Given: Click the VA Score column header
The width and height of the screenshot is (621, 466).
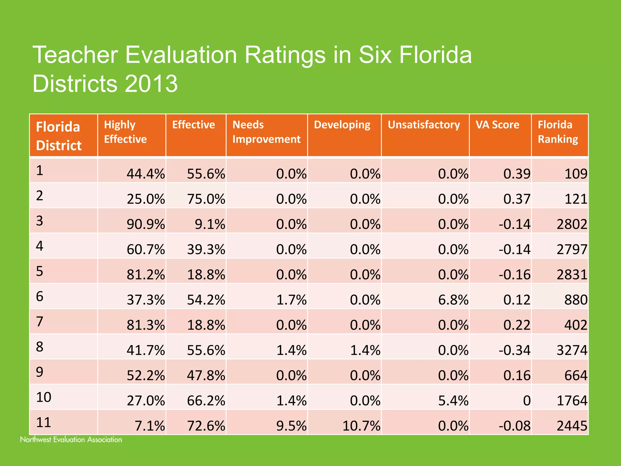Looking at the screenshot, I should coord(497,125).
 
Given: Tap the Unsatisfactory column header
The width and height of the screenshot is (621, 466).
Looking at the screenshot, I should coord(424,125).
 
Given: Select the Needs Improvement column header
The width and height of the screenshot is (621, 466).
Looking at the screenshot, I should coord(266,132).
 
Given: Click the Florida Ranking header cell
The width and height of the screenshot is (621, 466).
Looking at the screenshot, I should coord(558,132).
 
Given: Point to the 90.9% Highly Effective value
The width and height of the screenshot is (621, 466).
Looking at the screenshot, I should coord(146,225).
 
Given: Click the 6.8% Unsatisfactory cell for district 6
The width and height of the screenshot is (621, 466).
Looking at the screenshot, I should coord(453,300).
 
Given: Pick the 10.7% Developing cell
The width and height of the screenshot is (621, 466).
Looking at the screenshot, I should coord(361,426).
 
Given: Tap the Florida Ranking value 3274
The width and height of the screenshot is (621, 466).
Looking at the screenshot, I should coord(572,350).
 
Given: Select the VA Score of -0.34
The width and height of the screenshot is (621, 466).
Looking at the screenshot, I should coord(515,350).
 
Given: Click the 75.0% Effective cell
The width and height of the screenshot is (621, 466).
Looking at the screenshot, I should coord(206,199).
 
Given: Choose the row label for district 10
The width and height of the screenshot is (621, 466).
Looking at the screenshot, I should coord(44,397).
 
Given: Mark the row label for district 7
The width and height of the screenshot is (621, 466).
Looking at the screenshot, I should coord(40,322).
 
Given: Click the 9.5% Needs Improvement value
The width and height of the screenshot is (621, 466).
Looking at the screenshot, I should coord(291,426).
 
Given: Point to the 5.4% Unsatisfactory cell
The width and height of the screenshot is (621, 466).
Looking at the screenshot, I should coord(453,401).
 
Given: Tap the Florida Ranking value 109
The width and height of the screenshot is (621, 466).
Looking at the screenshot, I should coord(576,174).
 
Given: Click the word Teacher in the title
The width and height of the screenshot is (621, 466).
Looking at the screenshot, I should coord(75,55).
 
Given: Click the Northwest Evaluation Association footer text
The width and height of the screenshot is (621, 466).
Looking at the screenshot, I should coord(71,440).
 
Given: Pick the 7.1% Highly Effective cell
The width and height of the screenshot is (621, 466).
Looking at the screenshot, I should coord(149,426).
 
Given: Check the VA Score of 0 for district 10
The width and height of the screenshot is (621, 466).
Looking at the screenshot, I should coord(527,401).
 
